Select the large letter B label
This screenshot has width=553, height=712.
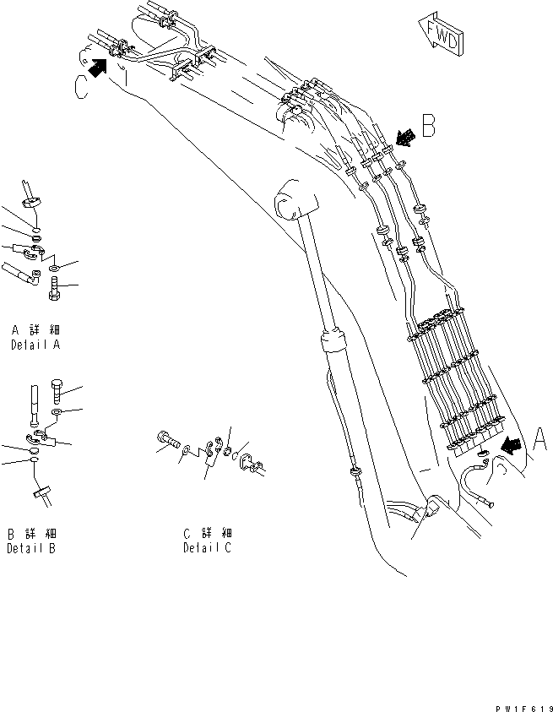point(428,127)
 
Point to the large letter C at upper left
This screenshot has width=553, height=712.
point(81,87)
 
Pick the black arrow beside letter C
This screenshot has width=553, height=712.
point(99,69)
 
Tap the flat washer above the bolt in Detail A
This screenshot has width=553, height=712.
point(55,268)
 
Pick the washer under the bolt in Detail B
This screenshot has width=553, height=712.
point(56,413)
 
